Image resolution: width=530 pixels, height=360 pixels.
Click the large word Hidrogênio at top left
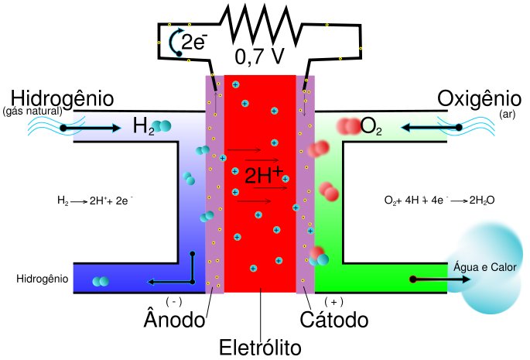coord(63,99)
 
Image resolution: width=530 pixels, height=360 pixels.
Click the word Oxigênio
coord(479,99)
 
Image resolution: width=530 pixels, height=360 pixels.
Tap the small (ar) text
coord(507,114)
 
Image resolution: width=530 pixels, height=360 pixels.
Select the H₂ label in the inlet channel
coord(145,127)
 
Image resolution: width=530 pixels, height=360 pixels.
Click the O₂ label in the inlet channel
coord(371,127)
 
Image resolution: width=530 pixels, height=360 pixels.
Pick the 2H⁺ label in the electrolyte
coord(264,175)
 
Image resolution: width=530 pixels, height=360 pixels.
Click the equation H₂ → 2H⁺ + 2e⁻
coord(95,200)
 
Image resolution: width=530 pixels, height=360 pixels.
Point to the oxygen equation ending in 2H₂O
coord(439,200)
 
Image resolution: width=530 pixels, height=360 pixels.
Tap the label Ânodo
coord(176,318)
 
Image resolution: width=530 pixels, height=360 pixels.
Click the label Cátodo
coord(335,318)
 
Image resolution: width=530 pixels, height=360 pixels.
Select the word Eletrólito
coord(260,346)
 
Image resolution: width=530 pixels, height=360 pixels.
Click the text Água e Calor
coord(485,267)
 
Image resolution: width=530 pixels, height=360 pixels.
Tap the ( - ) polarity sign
coord(174,301)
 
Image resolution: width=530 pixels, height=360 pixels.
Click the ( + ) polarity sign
coord(333,301)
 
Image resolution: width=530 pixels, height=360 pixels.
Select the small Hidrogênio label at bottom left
coord(42,277)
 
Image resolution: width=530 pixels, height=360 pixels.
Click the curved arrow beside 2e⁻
coord(176,43)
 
